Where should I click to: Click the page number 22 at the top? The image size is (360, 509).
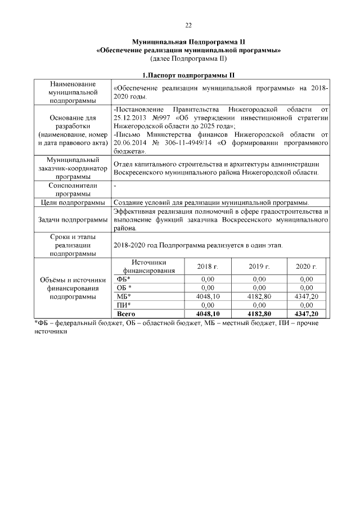coord(188,25)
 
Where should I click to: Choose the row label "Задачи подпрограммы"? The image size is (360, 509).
coord(73,220)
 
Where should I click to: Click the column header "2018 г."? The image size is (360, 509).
coord(208,266)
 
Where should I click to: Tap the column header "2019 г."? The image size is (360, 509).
coord(259,266)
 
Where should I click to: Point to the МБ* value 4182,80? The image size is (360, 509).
coord(259,296)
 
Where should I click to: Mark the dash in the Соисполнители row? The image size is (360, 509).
coord(115,185)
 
